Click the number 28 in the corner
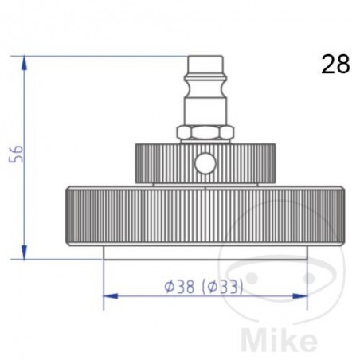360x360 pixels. coord(335,64)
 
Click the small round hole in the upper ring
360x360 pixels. coord(205,164)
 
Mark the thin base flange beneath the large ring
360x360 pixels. coord(205,253)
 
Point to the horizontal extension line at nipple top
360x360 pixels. coord(104,54)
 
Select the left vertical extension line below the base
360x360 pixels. coord(104,279)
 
